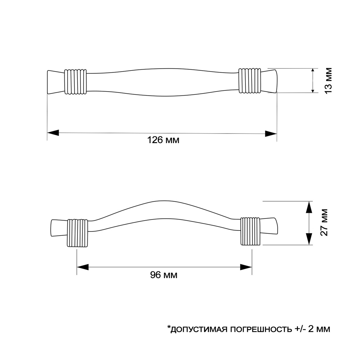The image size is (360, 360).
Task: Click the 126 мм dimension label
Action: tap(163, 140)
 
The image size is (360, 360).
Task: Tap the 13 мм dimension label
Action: tap(328, 80)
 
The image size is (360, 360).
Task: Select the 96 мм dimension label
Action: tap(164, 275)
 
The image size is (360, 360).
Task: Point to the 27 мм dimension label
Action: tap(324, 222)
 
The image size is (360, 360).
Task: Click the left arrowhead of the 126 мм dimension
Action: tap(53, 133)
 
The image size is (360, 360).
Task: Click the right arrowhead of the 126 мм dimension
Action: tap(271, 133)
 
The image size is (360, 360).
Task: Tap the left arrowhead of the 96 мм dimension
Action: tap(82, 267)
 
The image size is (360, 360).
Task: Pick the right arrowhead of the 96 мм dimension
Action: tap(246, 267)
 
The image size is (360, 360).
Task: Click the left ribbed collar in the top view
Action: tap(76, 82)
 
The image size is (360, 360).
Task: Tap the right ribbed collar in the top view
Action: tap(250, 80)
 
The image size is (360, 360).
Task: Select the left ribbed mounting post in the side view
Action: tap(77, 233)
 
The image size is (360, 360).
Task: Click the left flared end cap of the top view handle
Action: tap(56, 82)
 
